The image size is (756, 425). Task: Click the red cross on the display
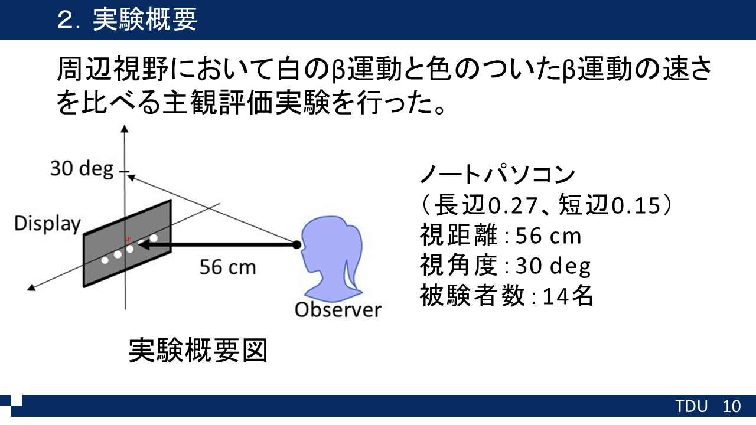click(x=128, y=240)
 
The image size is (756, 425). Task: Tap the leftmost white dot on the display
click(x=105, y=260)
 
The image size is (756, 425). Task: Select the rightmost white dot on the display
click(x=154, y=238)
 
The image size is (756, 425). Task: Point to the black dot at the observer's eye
click(x=296, y=245)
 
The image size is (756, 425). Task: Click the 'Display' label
click(x=48, y=224)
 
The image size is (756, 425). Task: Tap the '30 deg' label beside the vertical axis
click(x=82, y=169)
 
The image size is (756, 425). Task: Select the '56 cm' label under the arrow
click(x=228, y=267)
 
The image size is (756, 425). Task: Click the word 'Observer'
click(x=338, y=310)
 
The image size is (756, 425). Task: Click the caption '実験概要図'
click(x=198, y=351)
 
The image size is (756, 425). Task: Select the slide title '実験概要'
click(x=145, y=19)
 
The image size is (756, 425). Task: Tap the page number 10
click(x=731, y=406)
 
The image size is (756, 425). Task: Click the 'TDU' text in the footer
click(x=691, y=406)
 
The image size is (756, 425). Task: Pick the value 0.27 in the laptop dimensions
click(x=513, y=205)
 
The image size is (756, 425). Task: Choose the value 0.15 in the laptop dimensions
click(x=636, y=205)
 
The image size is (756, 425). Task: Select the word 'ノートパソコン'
click(x=497, y=174)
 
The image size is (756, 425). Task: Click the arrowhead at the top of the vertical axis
click(x=125, y=129)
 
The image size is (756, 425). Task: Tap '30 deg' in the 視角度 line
click(x=553, y=266)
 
